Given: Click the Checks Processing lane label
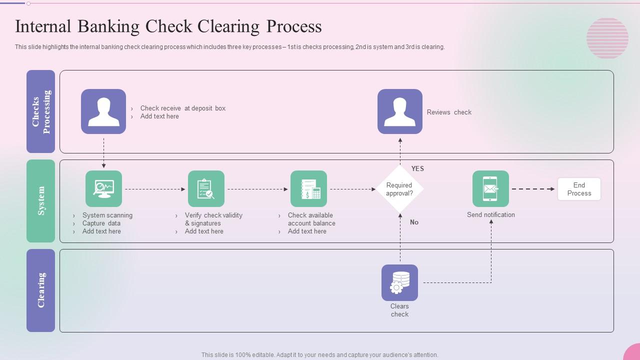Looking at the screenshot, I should coord(40,111).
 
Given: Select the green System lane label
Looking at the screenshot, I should coord(40,201).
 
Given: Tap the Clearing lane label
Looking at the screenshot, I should coord(40,290).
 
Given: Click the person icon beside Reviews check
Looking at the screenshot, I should coord(399,111).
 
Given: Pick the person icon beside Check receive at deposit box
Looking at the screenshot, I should coord(103,111).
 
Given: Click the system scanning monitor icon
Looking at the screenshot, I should coord(103,189).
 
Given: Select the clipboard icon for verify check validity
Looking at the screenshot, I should coord(206,189).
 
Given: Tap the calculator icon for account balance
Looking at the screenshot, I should coord(308,189).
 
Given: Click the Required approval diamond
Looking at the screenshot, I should coord(399,189).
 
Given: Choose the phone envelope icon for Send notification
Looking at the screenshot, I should coord(490,189).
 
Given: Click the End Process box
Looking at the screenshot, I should coord(579,189).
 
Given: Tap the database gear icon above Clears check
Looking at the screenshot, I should coord(399,282).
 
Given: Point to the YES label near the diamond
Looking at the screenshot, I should coord(417,169).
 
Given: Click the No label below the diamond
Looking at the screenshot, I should coord(414,222).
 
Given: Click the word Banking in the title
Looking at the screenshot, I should coord(108,26).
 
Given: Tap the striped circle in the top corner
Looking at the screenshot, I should coord(607,38).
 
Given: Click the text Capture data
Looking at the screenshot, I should coord(101,223).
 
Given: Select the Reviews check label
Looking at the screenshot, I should coord(449,112).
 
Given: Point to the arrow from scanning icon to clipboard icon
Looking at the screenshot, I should coord(155,189).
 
